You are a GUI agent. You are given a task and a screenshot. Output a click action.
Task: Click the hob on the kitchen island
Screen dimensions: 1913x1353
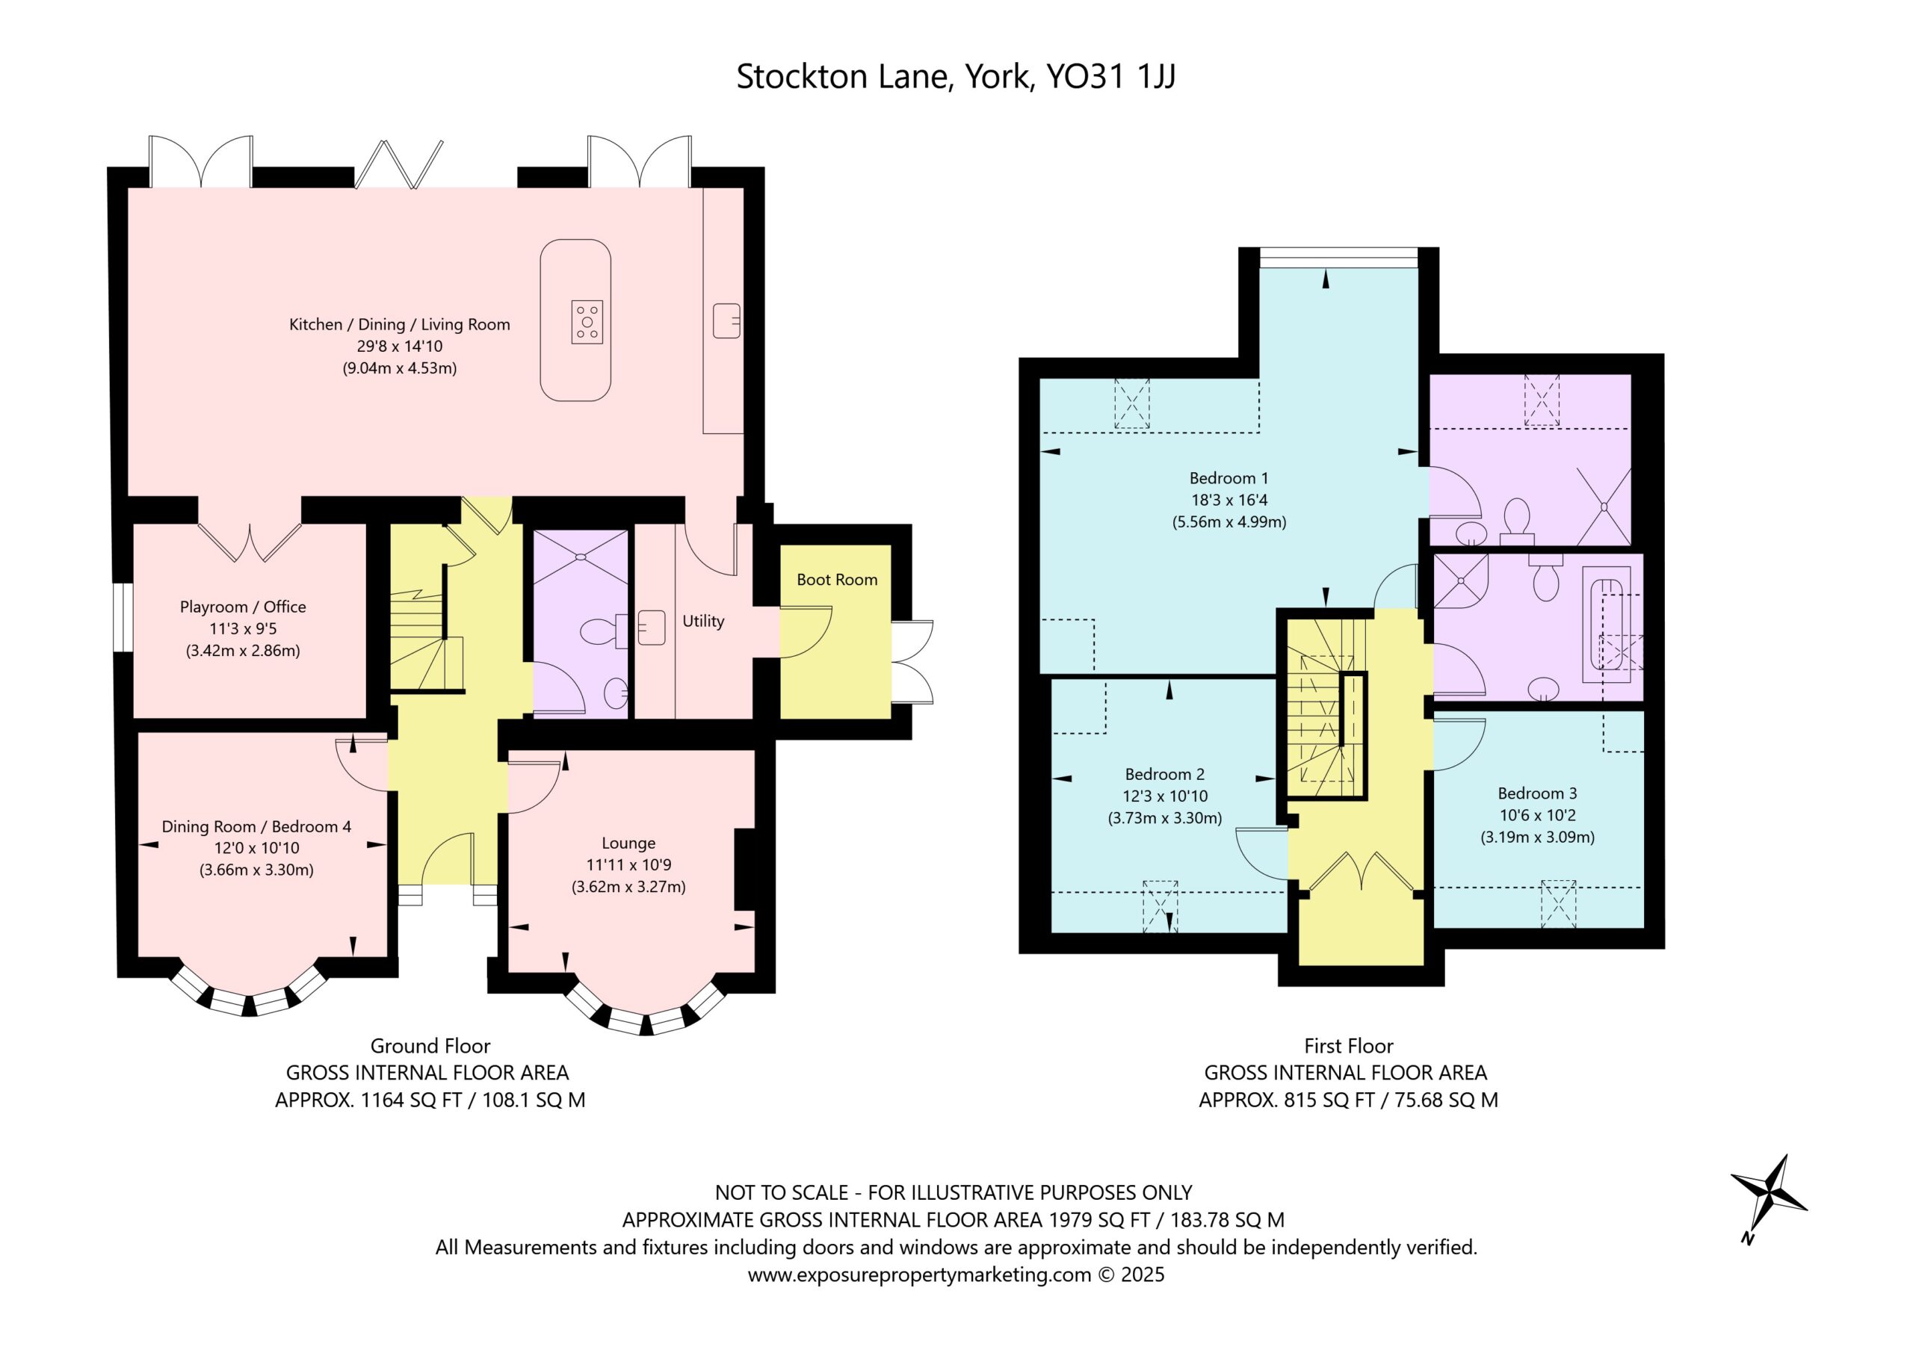[x=587, y=321]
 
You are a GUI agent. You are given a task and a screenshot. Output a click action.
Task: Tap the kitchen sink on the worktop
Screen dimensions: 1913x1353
[x=726, y=321]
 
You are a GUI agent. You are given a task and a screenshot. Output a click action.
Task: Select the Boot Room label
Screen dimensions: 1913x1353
[x=836, y=580]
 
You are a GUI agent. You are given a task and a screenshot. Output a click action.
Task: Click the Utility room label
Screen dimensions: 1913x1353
[x=703, y=621]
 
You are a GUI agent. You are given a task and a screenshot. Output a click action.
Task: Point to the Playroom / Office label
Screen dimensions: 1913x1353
[x=242, y=607]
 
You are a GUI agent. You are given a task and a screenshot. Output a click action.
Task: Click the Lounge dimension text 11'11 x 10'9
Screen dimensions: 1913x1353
[x=628, y=865]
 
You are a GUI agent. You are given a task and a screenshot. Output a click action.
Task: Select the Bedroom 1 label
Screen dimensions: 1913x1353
[x=1229, y=478]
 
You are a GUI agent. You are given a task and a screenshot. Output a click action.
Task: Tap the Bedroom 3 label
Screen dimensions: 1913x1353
[x=1537, y=793]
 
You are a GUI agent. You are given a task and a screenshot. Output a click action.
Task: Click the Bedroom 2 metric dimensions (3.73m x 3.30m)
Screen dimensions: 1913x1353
[x=1165, y=818]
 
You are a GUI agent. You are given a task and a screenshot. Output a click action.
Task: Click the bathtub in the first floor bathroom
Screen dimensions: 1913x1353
[x=1610, y=625]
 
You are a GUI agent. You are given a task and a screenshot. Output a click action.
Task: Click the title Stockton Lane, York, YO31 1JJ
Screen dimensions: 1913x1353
[x=956, y=78]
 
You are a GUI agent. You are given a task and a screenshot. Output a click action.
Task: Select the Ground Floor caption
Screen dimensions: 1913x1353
[x=430, y=1046]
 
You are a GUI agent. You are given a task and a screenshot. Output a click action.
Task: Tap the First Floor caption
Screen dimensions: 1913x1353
[x=1348, y=1046]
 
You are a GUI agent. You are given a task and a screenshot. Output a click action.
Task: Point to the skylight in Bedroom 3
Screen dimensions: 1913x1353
[x=1558, y=903]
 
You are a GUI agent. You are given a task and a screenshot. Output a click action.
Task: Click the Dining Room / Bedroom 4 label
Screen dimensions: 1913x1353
[x=256, y=826]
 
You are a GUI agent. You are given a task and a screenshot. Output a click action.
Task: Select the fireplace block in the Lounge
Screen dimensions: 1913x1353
[x=744, y=870]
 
